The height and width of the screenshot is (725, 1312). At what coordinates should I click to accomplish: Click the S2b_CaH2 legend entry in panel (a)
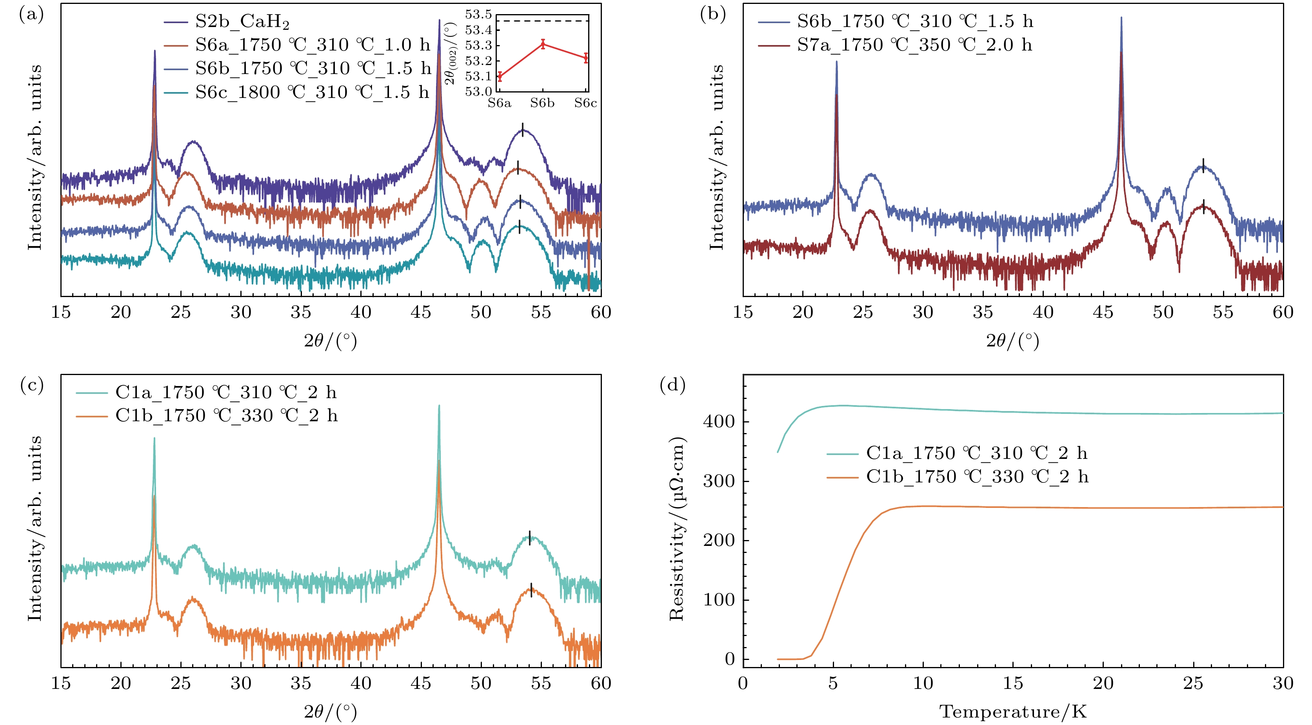click(x=242, y=22)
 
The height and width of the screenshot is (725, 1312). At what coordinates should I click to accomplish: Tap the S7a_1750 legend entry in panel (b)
click(x=914, y=45)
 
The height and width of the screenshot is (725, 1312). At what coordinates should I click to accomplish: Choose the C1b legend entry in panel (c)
click(x=226, y=415)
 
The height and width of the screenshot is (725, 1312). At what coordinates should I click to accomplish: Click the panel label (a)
click(x=31, y=14)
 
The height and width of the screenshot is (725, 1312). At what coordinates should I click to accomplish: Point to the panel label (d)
click(x=672, y=385)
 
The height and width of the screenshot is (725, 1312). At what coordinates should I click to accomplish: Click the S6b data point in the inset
click(x=543, y=44)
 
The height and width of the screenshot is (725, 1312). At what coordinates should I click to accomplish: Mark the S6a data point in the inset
click(x=500, y=77)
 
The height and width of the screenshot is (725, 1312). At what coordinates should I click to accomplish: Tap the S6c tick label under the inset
click(x=585, y=103)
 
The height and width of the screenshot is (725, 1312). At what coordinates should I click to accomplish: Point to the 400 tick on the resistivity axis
click(x=719, y=422)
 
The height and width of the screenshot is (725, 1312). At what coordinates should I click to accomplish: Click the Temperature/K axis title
click(x=1012, y=711)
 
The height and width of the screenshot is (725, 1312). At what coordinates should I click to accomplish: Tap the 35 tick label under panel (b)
click(x=983, y=312)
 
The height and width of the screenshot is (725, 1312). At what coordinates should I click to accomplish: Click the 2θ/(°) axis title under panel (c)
click(x=331, y=711)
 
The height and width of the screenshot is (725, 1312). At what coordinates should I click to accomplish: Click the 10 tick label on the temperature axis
click(x=923, y=683)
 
